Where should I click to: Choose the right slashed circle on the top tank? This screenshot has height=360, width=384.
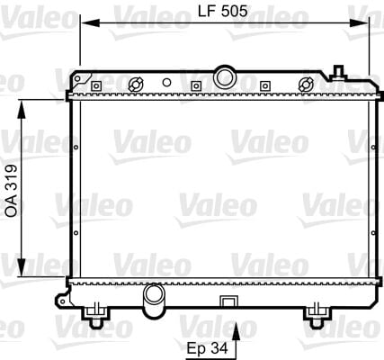pyautogui.click(x=306, y=85)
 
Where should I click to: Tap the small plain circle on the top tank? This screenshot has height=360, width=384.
pyautogui.click(x=166, y=82)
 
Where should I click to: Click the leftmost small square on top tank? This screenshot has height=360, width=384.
pyautogui.click(x=95, y=86)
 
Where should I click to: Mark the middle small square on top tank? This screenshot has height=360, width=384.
pyautogui.click(x=196, y=86)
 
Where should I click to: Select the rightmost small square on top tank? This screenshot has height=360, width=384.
pyautogui.click(x=264, y=86)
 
